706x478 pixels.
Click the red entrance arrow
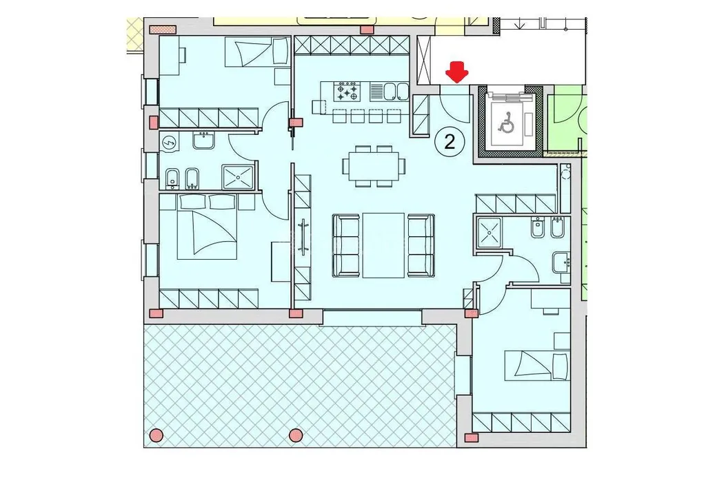457,73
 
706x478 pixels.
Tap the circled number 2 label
450,142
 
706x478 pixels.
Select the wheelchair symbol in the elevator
506,123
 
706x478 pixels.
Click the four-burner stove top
347,92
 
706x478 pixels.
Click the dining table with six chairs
374,165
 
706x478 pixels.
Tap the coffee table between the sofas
383,245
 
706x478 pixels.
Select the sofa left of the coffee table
346,245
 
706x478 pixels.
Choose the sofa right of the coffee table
421,245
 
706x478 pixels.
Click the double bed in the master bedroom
207,227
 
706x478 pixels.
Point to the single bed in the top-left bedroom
256,51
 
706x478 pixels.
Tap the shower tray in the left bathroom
238,177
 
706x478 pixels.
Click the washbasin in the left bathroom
204,141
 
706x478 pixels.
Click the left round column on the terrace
157,435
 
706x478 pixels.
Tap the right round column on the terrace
296,435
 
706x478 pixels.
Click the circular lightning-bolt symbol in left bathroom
170,143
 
